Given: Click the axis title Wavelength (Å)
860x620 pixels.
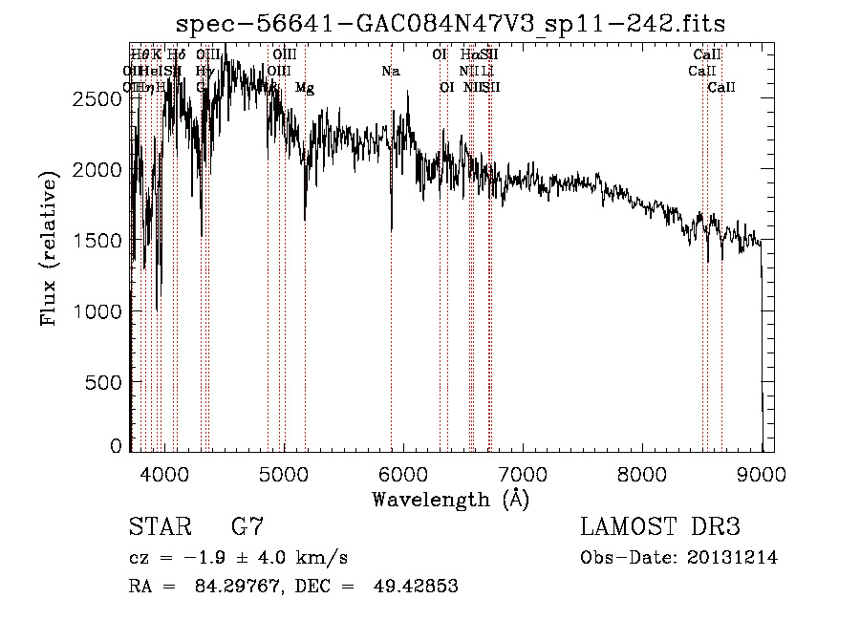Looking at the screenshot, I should click(450, 499).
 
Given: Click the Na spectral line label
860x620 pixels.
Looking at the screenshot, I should click(390, 71).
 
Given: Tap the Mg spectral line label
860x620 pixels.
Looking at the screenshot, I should click(305, 88).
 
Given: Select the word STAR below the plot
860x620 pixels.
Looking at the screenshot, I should click(158, 527).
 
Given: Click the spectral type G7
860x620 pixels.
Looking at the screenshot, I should click(247, 527).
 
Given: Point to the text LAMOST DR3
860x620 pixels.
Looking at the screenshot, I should click(660, 527).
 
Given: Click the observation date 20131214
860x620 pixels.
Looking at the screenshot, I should click(734, 558).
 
